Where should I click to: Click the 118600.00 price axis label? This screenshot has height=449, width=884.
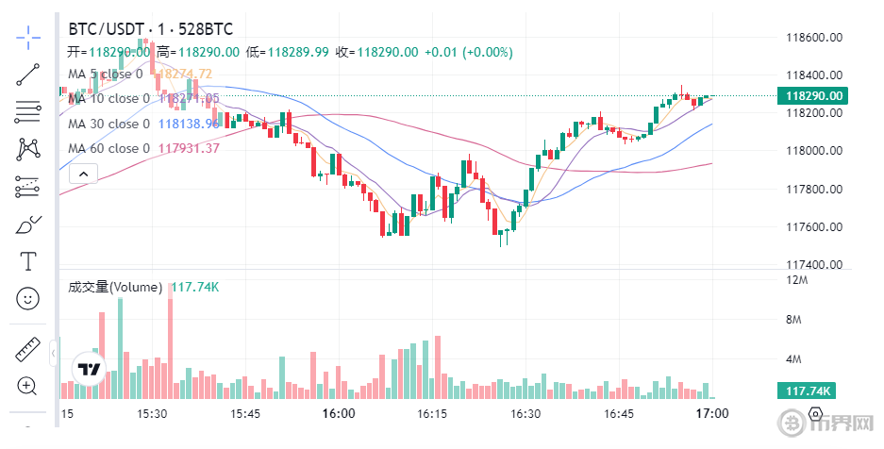pyautogui.click(x=814, y=38)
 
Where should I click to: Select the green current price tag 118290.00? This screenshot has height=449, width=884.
pyautogui.click(x=809, y=95)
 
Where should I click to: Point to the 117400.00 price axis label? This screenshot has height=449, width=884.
pyautogui.click(x=814, y=264)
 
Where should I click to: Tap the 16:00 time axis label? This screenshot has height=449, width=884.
pyautogui.click(x=338, y=414)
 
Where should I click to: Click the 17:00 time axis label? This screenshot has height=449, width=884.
pyautogui.click(x=711, y=414)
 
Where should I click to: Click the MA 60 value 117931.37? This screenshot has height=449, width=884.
pyautogui.click(x=189, y=148)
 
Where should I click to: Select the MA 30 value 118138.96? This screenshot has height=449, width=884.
pyautogui.click(x=189, y=124)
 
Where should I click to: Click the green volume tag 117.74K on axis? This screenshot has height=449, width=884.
pyautogui.click(x=809, y=391)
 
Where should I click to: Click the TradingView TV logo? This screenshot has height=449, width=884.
pyautogui.click(x=90, y=369)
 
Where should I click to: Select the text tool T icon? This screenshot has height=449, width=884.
pyautogui.click(x=28, y=259)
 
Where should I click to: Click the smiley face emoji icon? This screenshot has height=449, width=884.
pyautogui.click(x=28, y=298)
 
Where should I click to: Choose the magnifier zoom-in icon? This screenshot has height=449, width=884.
pyautogui.click(x=27, y=385)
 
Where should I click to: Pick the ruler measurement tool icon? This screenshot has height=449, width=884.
pyautogui.click(x=28, y=350)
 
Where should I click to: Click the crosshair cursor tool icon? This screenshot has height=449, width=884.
pyautogui.click(x=28, y=38)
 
